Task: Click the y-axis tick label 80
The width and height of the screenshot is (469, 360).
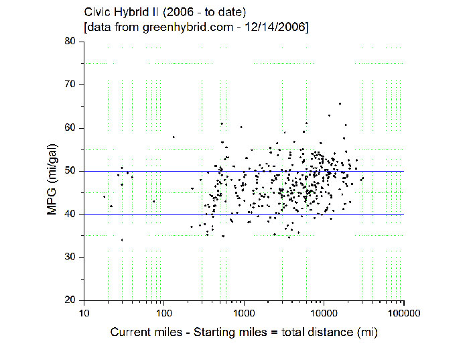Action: pos(70,42)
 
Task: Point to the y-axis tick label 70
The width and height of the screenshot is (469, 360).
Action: pos(70,84)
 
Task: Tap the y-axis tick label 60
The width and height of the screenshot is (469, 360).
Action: pos(70,128)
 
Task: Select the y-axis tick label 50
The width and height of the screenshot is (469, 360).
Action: pos(70,171)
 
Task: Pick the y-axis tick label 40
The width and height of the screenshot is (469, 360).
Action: pos(70,214)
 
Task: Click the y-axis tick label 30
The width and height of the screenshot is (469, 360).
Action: pos(70,257)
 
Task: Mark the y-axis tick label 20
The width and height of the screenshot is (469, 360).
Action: pos(70,300)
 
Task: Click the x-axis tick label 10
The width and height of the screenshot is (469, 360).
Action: pos(83,313)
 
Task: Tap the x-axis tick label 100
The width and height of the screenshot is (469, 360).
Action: pos(163,313)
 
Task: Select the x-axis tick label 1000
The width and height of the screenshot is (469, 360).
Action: pos(244,313)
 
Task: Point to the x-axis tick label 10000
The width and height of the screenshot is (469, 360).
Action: pos(324,313)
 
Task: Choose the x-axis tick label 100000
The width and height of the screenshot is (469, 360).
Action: pos(403,313)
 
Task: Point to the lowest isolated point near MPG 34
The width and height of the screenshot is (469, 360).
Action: pos(122,239)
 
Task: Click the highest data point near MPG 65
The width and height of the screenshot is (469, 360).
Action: pos(340,104)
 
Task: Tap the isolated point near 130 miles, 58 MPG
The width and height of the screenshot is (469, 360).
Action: pos(174,137)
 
